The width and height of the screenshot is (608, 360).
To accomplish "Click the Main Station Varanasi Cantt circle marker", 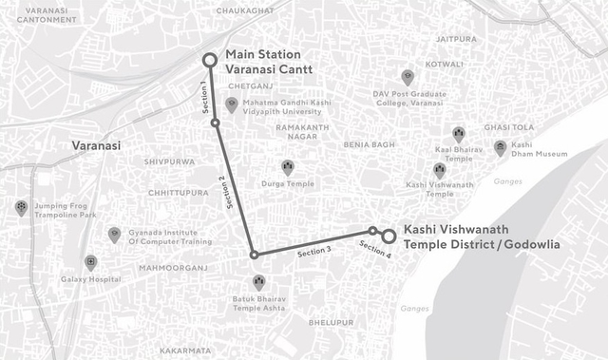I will coord(210,62).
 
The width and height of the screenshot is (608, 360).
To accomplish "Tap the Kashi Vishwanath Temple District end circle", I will coord(389,235).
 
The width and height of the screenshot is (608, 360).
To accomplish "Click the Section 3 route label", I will coord(313,252).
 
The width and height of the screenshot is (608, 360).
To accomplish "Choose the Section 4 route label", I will coord(374,250).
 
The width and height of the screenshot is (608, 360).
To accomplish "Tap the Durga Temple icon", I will coord(288,166).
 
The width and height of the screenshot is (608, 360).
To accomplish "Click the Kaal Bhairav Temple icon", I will coord(459,135).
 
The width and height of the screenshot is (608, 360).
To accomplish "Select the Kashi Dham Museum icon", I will coord(500,147).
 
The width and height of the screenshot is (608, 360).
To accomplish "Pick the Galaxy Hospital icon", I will coord(90,262).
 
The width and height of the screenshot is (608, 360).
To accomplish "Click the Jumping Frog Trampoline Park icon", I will coord(21,207).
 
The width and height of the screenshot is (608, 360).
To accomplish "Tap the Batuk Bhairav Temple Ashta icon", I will coord(259,282).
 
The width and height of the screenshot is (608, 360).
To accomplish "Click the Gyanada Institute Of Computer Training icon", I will coord(114,234).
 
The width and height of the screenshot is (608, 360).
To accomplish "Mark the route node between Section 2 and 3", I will coord(254,255).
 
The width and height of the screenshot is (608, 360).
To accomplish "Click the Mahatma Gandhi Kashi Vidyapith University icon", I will coord(232,103).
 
